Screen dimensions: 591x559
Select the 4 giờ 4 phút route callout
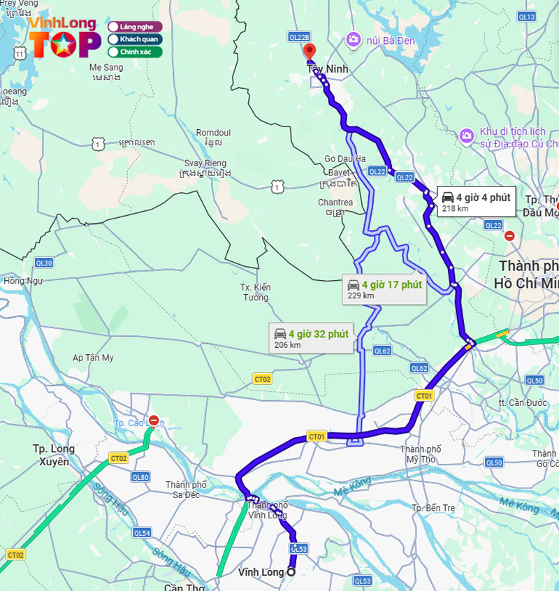(x=477, y=201)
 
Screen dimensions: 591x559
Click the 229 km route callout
(x=385, y=289)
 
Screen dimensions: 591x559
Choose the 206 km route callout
(x=311, y=338)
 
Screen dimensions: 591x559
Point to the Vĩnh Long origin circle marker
(x=291, y=572)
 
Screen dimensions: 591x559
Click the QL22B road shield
(x=298, y=36)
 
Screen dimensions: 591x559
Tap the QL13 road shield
(x=526, y=16)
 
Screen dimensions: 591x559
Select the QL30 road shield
(x=43, y=263)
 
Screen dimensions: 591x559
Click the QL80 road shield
(x=140, y=477)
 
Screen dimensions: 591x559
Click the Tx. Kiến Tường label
(x=255, y=292)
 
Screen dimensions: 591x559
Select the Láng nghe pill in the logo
(x=135, y=27)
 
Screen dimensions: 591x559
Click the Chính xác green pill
(x=135, y=52)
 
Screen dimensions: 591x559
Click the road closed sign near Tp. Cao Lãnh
(x=154, y=421)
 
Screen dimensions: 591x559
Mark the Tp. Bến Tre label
(x=435, y=507)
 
